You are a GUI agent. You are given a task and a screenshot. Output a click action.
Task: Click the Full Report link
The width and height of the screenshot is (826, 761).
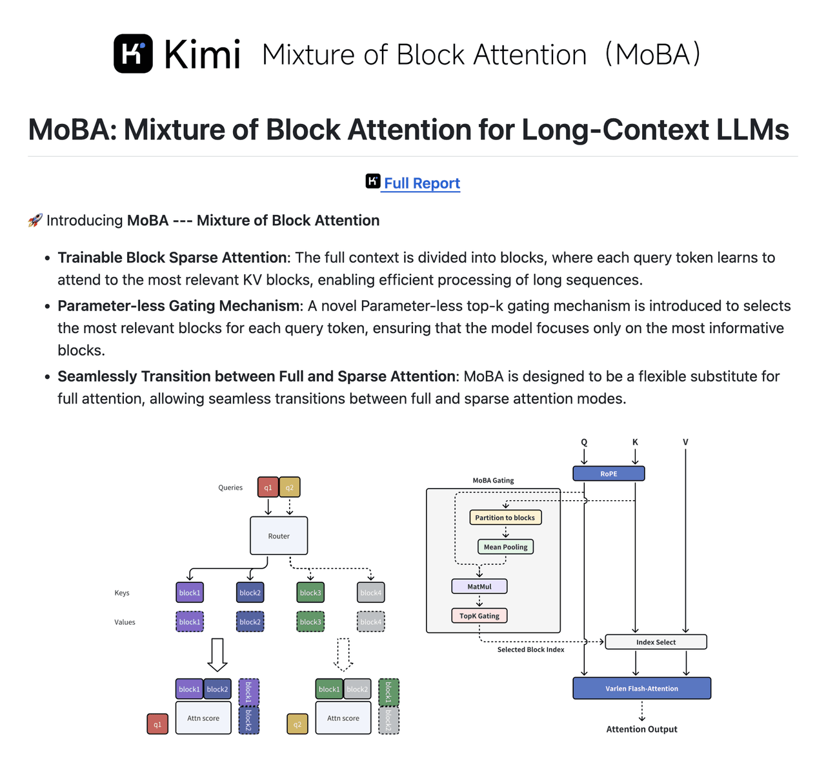(x=421, y=183)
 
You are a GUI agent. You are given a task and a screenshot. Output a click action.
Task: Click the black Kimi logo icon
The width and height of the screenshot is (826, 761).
(x=133, y=54)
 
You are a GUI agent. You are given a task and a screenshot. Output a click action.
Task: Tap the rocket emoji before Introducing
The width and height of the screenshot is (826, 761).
(x=35, y=221)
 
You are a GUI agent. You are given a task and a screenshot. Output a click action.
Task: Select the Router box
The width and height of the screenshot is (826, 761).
(x=279, y=536)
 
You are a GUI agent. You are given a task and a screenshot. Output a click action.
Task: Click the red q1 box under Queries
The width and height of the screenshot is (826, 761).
(x=268, y=487)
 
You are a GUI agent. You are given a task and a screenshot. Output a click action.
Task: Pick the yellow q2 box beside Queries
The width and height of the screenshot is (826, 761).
(x=290, y=487)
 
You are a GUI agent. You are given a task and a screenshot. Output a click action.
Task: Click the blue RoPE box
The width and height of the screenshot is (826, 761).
(x=609, y=474)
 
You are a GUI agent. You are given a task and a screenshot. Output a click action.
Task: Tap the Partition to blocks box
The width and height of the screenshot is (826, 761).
(x=505, y=518)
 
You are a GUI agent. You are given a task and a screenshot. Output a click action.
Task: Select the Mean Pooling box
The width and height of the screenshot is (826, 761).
(x=505, y=547)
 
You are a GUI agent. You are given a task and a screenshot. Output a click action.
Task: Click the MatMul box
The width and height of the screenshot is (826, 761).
(x=479, y=586)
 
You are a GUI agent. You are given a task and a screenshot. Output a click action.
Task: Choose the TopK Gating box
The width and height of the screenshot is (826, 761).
(x=479, y=616)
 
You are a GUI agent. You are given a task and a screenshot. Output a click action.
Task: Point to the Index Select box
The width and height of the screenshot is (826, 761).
(x=656, y=642)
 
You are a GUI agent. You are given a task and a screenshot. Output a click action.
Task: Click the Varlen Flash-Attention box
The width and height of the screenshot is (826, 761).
(x=641, y=689)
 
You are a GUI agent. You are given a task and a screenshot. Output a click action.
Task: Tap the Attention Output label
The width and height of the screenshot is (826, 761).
(x=641, y=729)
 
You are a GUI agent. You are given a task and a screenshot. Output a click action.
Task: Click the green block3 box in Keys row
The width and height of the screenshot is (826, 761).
(x=310, y=593)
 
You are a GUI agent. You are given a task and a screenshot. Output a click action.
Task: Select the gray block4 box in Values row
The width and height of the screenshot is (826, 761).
(x=370, y=622)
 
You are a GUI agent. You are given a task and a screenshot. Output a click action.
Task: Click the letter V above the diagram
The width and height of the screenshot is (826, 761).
(x=685, y=442)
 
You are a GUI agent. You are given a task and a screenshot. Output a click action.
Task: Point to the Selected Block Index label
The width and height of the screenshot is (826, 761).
(x=530, y=650)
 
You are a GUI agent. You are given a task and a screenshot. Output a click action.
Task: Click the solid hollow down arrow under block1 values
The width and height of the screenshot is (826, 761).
(x=217, y=655)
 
